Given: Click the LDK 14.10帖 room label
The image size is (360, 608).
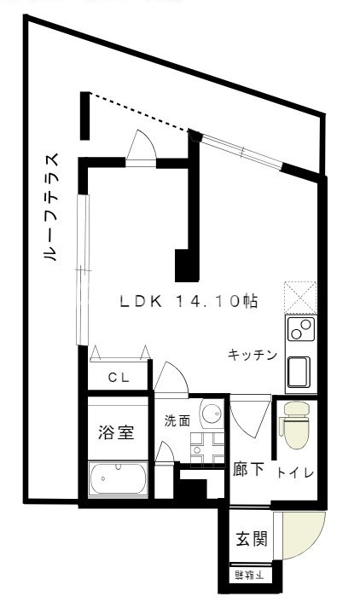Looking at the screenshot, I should (x=189, y=302).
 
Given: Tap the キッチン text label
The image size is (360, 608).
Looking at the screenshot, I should (x=253, y=355).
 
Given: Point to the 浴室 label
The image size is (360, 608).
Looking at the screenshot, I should (x=117, y=432).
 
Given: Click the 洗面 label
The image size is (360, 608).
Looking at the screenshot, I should (x=177, y=420).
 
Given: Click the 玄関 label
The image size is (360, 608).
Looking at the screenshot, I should (x=252, y=539).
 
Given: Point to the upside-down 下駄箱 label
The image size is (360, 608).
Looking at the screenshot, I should (x=250, y=576).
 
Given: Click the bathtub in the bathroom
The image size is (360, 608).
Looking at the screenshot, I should (x=119, y=479).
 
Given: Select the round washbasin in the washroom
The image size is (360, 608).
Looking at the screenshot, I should (x=211, y=415).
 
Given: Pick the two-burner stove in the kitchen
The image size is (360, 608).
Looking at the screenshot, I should (x=300, y=330).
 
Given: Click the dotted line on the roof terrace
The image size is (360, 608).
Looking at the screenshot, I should (x=141, y=111).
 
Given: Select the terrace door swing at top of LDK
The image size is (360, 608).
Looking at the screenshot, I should (x=139, y=146).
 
